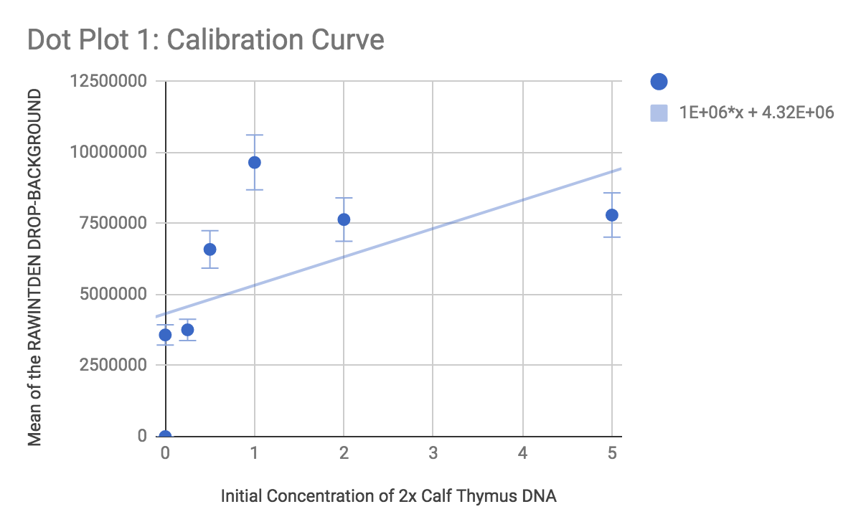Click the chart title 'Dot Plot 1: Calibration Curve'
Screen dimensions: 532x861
point(205,39)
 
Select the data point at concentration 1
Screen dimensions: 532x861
point(254,162)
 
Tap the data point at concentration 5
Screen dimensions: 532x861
point(611,215)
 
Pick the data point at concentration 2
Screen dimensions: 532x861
point(344,219)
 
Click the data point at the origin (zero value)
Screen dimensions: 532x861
point(165,436)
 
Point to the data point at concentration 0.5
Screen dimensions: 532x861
point(210,249)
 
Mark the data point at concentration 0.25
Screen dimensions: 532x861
point(187,330)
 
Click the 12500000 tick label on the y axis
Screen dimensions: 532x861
point(110,82)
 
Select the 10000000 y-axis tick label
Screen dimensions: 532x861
point(110,153)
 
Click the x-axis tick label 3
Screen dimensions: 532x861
point(433,453)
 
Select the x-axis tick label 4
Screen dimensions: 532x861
point(522,453)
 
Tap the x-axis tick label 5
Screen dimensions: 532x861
point(611,453)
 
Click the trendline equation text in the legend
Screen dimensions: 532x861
point(756,113)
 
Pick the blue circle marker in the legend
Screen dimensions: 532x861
point(659,82)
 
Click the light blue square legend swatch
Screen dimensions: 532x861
point(659,113)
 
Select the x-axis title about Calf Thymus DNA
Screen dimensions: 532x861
point(389,495)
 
